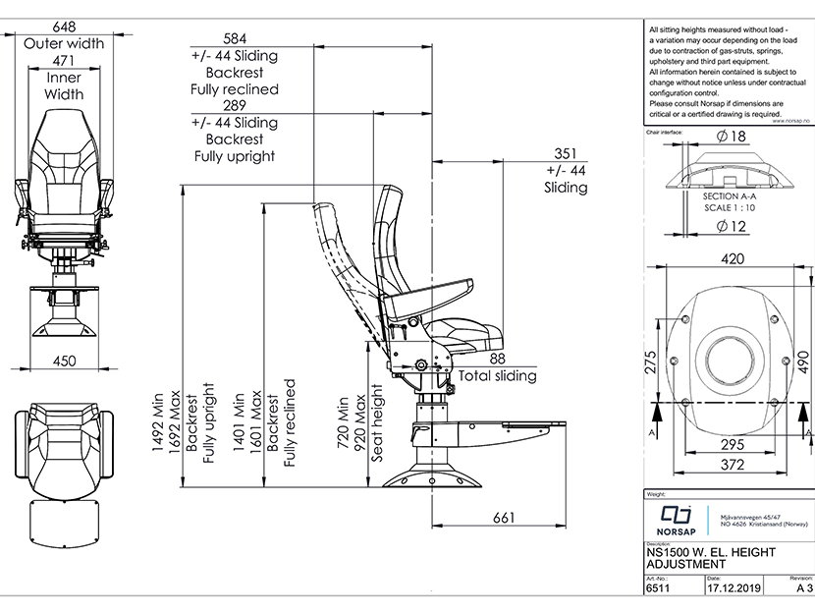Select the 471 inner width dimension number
coord(64,61)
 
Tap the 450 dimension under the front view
coord(63,361)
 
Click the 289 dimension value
coord(235,105)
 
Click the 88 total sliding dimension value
coord(497,360)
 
